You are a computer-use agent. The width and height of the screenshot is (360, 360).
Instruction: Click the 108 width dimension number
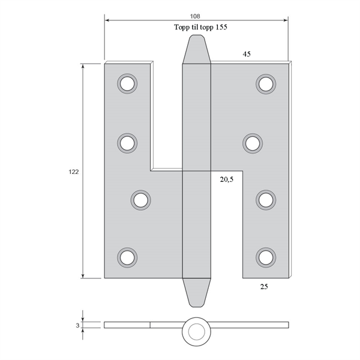[195, 16]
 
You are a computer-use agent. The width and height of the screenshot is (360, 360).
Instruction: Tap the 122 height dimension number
[74, 172]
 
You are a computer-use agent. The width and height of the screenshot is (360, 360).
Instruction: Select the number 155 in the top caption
[221, 27]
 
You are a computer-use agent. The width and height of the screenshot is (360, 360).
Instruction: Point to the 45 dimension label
[247, 54]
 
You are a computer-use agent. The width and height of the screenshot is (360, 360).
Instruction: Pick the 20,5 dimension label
[227, 179]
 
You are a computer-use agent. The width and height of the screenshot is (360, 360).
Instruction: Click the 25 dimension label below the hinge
[264, 287]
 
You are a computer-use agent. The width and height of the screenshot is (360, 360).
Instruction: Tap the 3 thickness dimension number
[77, 325]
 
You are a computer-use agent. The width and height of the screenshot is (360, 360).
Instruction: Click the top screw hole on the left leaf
[127, 83]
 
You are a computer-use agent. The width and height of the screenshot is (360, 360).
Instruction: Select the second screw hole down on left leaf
[127, 143]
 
